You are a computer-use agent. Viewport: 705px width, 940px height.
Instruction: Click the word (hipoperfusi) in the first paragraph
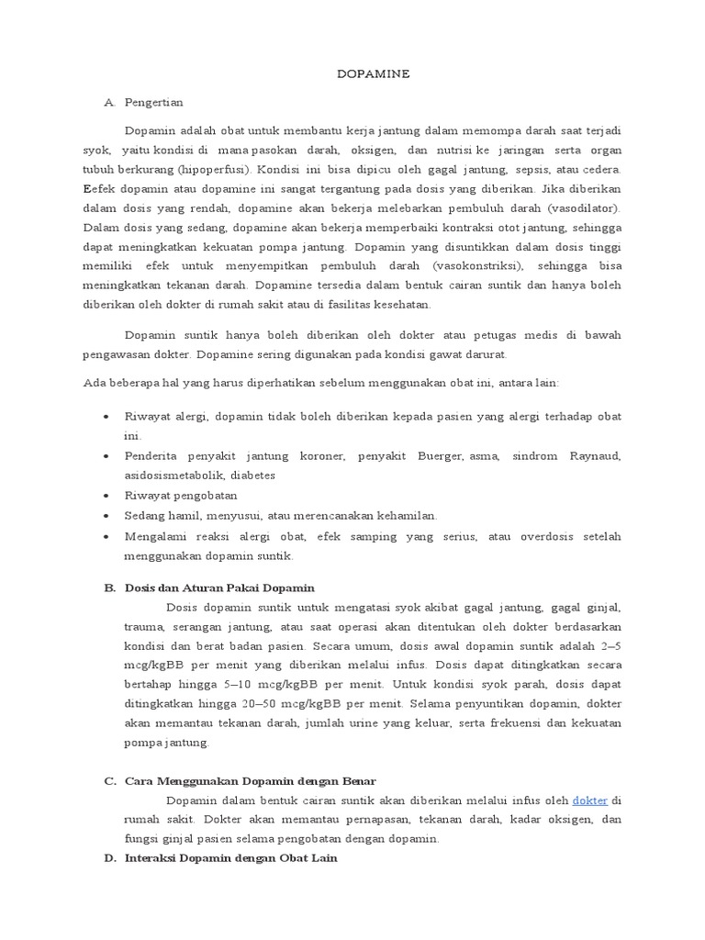coord(217,170)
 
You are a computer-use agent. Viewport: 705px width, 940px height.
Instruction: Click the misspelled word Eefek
coord(96,189)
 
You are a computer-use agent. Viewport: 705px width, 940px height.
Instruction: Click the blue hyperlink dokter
coord(590,800)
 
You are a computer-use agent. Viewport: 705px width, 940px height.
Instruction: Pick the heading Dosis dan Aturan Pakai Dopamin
coord(219,587)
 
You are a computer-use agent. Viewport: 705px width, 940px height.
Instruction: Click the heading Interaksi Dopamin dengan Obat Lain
coord(231,858)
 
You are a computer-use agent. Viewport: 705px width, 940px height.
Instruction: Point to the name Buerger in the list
coord(440,456)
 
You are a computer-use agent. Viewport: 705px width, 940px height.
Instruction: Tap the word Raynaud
coord(595,456)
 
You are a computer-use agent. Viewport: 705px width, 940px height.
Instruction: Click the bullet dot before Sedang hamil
coord(107,515)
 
